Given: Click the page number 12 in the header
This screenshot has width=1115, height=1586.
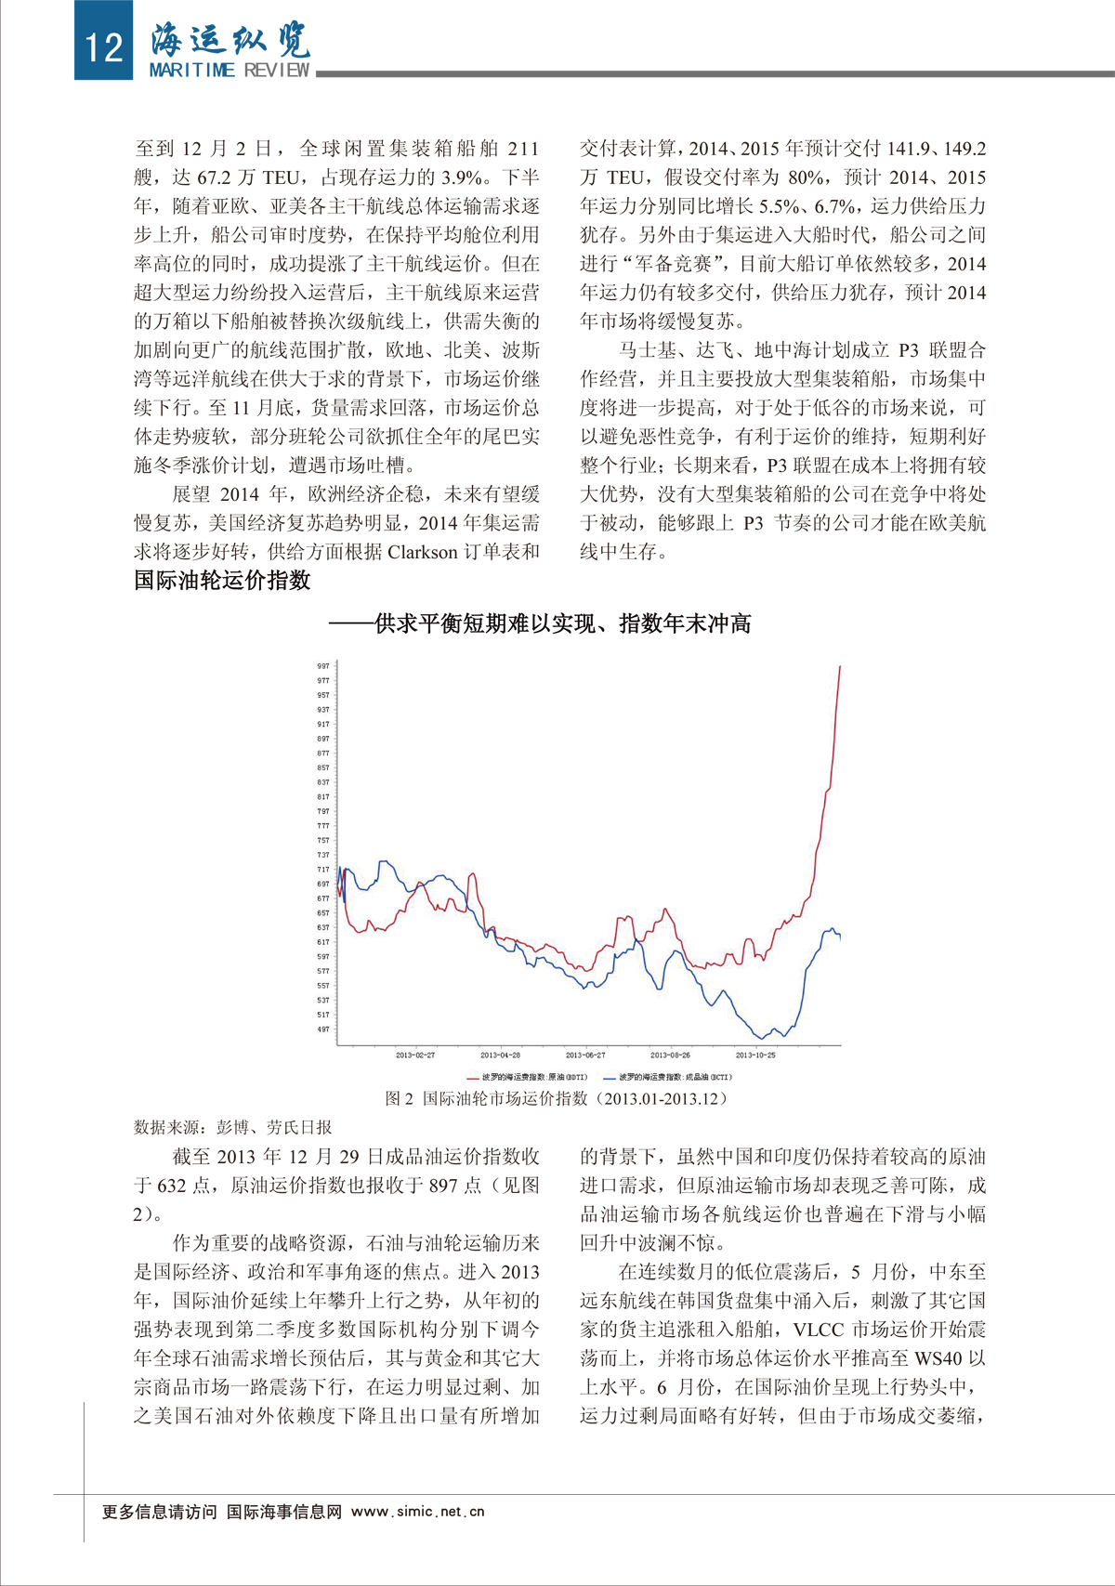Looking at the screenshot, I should tap(103, 45).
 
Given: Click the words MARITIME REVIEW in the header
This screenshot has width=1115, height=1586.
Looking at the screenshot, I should tap(230, 71).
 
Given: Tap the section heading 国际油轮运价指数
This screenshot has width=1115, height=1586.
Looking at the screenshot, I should tap(222, 581).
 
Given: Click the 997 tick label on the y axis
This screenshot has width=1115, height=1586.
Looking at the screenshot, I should tap(323, 666).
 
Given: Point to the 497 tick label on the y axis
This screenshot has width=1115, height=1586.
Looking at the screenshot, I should tap(323, 1029).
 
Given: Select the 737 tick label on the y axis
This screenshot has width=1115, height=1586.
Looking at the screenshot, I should tap(323, 855).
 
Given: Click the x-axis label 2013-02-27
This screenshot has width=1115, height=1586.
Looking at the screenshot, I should tap(415, 1055).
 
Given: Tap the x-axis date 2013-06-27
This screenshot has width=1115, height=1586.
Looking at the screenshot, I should tap(585, 1055).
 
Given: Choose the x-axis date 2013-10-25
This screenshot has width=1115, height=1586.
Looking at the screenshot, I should tap(755, 1055).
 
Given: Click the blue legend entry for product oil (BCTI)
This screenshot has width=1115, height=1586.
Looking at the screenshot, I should tap(667, 1078).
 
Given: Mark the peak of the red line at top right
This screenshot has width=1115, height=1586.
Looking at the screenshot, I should tap(840, 666).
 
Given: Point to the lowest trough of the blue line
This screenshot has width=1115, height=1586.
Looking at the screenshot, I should tap(762, 1038).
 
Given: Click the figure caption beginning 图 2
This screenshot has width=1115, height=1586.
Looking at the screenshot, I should tap(557, 1098).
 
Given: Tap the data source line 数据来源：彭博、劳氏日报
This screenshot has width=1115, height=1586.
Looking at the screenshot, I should tap(233, 1127).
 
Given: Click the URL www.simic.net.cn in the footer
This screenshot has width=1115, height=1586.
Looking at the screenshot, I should tap(418, 1512).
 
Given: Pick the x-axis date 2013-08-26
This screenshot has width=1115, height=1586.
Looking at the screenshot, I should tap(670, 1055).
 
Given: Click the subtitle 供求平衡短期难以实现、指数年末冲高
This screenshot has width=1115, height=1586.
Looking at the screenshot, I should tap(540, 623).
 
